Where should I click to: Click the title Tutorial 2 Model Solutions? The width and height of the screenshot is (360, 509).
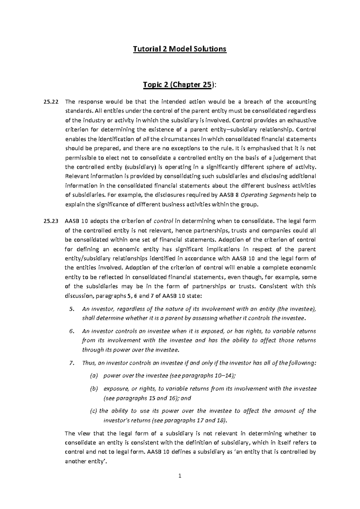[180, 49]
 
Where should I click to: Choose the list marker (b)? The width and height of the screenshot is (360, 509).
[94, 389]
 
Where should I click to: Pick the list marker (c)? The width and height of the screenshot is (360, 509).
[94, 411]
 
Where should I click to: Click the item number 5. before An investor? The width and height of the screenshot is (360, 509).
[71, 309]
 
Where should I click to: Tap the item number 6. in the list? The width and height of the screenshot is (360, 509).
[71, 331]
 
